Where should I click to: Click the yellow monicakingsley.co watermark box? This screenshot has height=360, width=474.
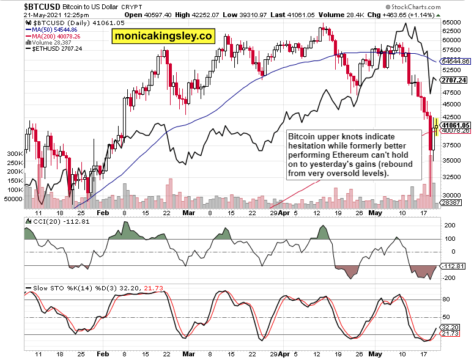pos(163,36)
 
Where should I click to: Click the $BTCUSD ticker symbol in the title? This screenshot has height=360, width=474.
pos(42,7)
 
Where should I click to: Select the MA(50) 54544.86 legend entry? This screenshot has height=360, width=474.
pos(51,29)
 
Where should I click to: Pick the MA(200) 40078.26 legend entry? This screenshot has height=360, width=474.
pos(53,36)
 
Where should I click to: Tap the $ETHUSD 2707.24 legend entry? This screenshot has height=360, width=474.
pos(54,49)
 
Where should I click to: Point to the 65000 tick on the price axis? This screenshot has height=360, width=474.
pos(451,23)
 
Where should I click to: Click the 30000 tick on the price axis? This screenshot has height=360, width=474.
pos(451,195)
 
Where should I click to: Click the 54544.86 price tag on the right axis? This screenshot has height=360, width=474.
pos(455,61)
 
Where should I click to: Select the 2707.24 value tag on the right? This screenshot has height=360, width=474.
pos(454,80)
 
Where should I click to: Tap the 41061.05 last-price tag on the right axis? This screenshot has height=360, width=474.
pos(455,125)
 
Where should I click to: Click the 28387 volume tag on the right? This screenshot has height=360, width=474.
pos(451,203)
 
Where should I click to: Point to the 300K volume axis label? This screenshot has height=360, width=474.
pos(15,154)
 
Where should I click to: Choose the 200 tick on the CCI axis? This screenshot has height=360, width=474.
pos(450,226)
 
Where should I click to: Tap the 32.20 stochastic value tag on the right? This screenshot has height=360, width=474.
pos(450,328)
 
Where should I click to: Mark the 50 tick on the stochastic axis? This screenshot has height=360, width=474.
pos(446,317)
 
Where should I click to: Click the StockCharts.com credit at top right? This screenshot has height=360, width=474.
pos(413,7)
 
